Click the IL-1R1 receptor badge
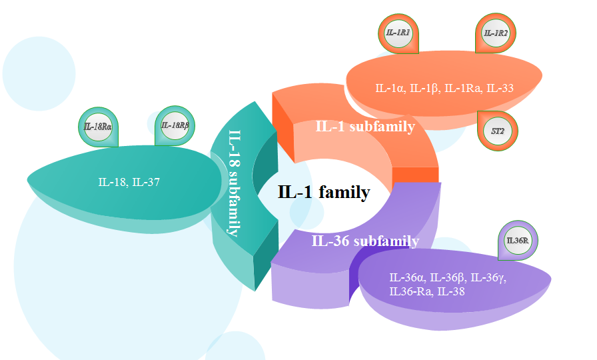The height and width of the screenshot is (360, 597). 399,33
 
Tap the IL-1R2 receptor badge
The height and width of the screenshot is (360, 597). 496,33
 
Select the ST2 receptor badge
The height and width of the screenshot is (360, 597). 497,131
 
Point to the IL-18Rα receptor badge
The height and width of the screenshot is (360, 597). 97,126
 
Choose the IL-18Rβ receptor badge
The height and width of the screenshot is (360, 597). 175,125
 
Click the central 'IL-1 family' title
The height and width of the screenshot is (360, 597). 323,193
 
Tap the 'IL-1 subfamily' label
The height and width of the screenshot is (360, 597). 365,127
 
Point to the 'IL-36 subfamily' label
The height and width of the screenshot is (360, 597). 365,241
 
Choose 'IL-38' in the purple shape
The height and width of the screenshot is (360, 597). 451,291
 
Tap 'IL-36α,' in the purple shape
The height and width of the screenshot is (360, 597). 408,278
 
